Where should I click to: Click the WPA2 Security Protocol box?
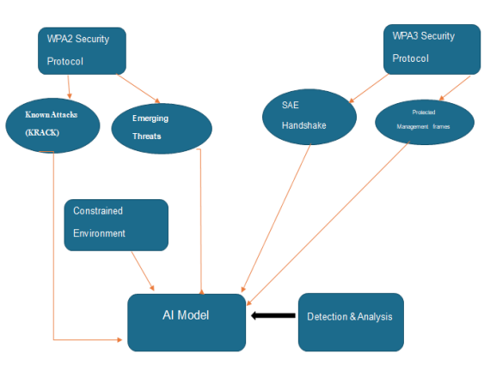[x=82, y=51]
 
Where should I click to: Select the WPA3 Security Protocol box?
[x=432, y=49]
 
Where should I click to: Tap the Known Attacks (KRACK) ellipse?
[x=52, y=125]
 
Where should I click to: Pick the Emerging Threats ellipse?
[x=162, y=129]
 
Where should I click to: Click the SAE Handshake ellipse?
[x=309, y=117]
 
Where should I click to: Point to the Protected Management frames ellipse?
[x=425, y=122]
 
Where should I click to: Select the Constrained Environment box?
[x=116, y=225]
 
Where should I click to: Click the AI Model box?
[x=187, y=322]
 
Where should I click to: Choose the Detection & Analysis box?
[x=351, y=322]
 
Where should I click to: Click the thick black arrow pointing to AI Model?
[x=273, y=315]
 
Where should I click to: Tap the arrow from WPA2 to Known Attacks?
[x=69, y=87]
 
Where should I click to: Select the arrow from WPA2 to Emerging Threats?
[x=138, y=88]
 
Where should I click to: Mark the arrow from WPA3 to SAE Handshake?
[x=369, y=88]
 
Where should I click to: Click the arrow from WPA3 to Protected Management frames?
[x=455, y=88]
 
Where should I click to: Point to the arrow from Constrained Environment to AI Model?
[x=143, y=271]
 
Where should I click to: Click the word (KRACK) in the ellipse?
[x=42, y=132]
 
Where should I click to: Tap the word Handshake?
[x=303, y=125]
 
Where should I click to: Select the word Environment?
[x=99, y=234]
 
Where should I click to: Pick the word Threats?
[x=147, y=137]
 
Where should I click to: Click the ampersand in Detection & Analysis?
[x=352, y=317]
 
